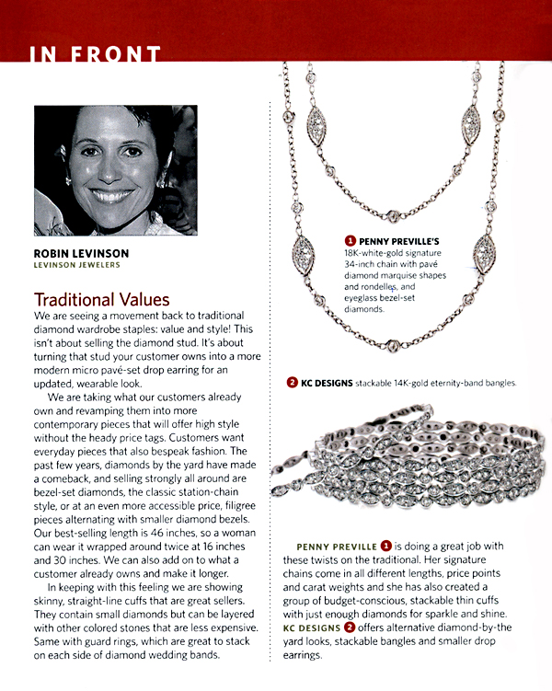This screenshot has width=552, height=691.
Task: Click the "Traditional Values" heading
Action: (101, 300)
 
